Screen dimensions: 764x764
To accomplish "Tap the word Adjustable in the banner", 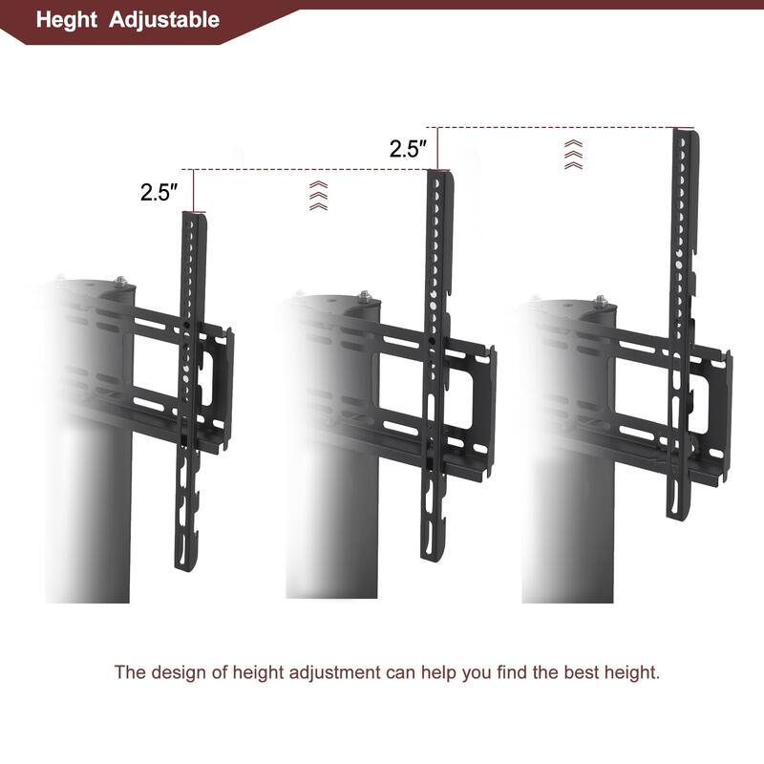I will click(x=164, y=20).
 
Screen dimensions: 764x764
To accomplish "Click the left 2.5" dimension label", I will click(x=159, y=192).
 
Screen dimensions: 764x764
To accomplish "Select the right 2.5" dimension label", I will click(x=408, y=149).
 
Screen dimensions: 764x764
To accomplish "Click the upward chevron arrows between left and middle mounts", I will click(x=318, y=194).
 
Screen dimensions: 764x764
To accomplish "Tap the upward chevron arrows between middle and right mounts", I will click(x=572, y=153).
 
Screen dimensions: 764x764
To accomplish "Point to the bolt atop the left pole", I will click(x=121, y=282).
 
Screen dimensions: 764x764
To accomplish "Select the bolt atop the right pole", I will click(x=600, y=301).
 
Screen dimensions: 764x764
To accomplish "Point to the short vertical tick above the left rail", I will click(x=194, y=191).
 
